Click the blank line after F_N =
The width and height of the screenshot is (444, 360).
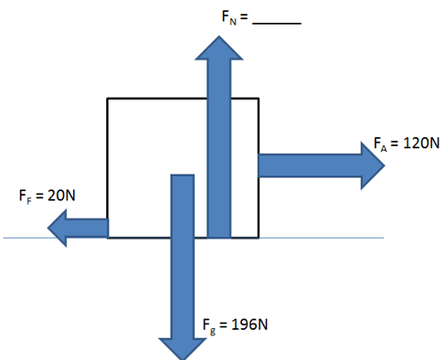click(x=277, y=23)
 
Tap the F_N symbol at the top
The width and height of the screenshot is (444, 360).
click(x=229, y=17)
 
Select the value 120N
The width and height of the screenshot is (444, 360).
click(x=421, y=143)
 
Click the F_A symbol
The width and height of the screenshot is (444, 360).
click(x=380, y=144)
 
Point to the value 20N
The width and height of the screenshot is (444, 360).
click(x=61, y=196)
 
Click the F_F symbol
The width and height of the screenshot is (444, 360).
click(x=25, y=196)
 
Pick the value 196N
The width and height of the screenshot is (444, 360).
click(x=249, y=324)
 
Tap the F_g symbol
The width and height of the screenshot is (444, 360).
click(x=209, y=326)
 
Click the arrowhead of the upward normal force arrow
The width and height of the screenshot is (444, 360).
click(x=219, y=48)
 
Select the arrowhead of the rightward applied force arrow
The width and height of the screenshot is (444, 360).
click(x=373, y=165)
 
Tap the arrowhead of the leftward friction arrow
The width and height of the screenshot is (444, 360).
click(x=58, y=228)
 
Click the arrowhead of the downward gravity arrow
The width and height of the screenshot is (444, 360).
click(x=183, y=349)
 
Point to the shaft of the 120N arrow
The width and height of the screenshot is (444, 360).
click(x=310, y=165)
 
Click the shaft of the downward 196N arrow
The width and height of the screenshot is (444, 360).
click(x=183, y=257)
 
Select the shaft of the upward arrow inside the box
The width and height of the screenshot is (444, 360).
click(x=219, y=149)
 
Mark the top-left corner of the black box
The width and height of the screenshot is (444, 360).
click(x=107, y=99)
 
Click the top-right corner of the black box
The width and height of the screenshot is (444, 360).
click(x=259, y=99)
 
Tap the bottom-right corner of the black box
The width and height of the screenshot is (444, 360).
click(x=259, y=238)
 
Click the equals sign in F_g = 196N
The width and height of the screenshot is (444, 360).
click(x=223, y=325)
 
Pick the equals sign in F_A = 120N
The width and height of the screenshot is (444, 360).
click(x=395, y=143)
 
